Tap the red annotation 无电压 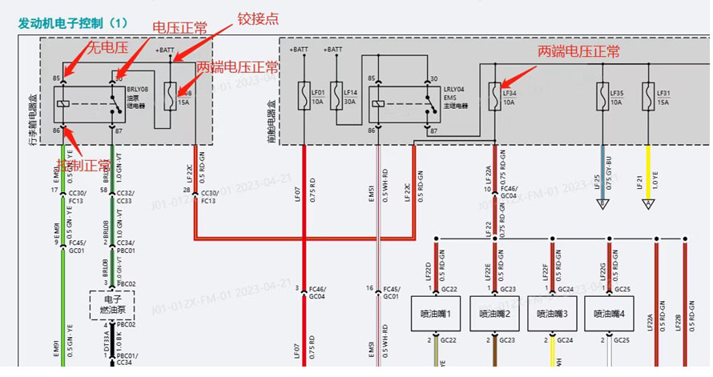tap(107, 48)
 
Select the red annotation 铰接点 tap(256, 18)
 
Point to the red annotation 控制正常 tap(83, 164)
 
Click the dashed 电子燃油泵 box tap(112, 303)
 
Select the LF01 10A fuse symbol tap(304, 93)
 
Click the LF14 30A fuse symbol tap(336, 93)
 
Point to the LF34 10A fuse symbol tap(496, 93)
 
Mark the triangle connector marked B tap(602, 205)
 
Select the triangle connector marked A tap(648, 205)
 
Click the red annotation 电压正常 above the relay tap(179, 28)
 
